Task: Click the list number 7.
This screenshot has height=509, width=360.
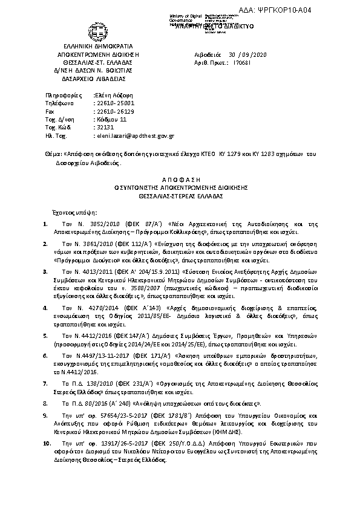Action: pyautogui.click(x=46, y=383)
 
